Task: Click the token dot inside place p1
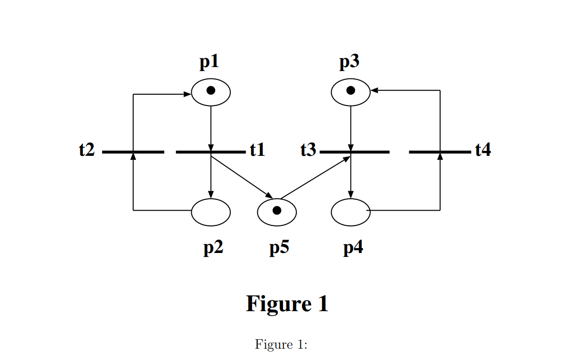pyautogui.click(x=211, y=91)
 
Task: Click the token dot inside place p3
pyautogui.click(x=351, y=91)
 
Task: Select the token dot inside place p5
pyautogui.click(x=277, y=211)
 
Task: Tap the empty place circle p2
pyautogui.click(x=211, y=212)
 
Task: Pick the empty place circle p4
pyautogui.click(x=351, y=212)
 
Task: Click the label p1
pyautogui.click(x=209, y=62)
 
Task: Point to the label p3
pyautogui.click(x=349, y=62)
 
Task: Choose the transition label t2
pyautogui.click(x=87, y=149)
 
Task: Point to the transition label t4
pyautogui.click(x=483, y=149)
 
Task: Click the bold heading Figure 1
pyautogui.click(x=287, y=303)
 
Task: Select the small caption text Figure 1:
pyautogui.click(x=281, y=344)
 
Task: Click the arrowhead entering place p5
pyautogui.click(x=269, y=197)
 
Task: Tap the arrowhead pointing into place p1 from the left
pyautogui.click(x=187, y=94)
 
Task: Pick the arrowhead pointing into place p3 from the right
pyautogui.click(x=374, y=90)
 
